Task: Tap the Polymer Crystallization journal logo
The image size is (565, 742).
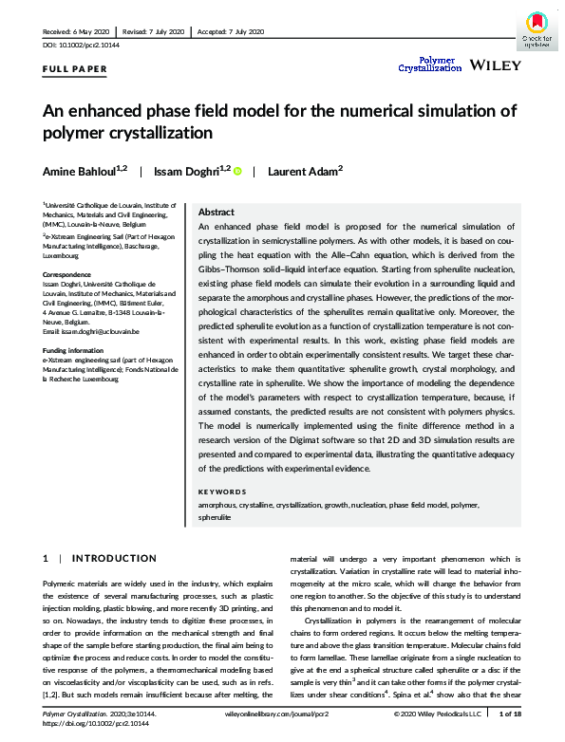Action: [x=428, y=64]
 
